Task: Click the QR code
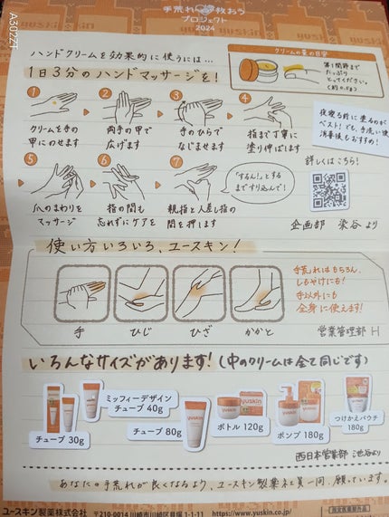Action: click(330, 188)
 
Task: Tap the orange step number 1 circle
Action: click(33, 92)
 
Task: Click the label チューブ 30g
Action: click(65, 441)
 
